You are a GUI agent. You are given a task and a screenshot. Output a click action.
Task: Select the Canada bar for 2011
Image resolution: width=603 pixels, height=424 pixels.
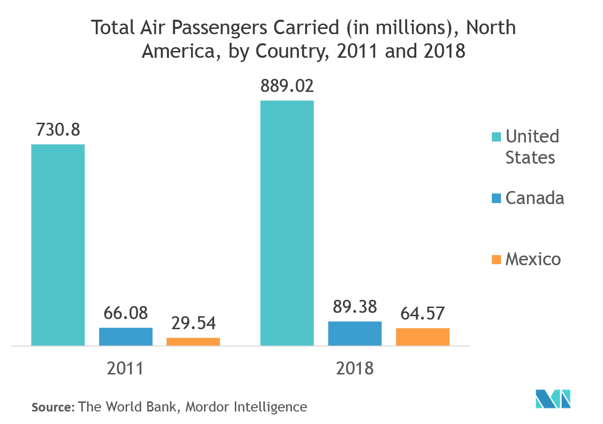coord(126,336)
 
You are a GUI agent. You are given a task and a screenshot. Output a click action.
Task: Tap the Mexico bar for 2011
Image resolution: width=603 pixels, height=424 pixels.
coord(193,341)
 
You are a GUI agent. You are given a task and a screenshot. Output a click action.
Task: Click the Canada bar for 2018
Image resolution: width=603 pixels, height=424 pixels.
coord(355,333)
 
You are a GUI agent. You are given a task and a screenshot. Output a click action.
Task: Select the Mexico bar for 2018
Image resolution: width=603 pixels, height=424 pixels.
coord(423,336)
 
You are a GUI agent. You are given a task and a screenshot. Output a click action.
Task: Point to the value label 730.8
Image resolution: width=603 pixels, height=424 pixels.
coord(58,130)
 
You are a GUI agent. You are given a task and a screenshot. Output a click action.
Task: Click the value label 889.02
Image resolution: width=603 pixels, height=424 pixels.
coord(287,86)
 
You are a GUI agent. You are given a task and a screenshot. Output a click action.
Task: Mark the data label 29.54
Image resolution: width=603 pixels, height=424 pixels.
coord(193,323)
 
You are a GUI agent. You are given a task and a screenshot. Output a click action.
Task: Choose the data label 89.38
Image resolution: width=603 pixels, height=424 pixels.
coord(355,307)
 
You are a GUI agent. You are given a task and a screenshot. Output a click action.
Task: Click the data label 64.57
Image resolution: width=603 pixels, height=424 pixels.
coord(423,313)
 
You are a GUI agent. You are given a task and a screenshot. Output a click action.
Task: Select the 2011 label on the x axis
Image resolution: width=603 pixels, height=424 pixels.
coord(125,368)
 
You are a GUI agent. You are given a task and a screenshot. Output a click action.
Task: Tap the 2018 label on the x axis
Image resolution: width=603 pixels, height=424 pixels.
coord(355,368)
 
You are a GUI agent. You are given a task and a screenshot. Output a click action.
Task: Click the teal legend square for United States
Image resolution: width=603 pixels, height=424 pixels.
coord(496,136)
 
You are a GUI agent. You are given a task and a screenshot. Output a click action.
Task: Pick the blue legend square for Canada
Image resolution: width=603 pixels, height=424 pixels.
coord(496,197)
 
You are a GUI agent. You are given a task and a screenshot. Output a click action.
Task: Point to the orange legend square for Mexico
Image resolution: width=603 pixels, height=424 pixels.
coord(496,259)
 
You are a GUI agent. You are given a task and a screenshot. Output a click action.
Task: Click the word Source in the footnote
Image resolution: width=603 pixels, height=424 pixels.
coord(52,407)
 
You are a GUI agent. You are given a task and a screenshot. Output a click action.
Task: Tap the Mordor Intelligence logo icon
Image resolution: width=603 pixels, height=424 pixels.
coord(553,399)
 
